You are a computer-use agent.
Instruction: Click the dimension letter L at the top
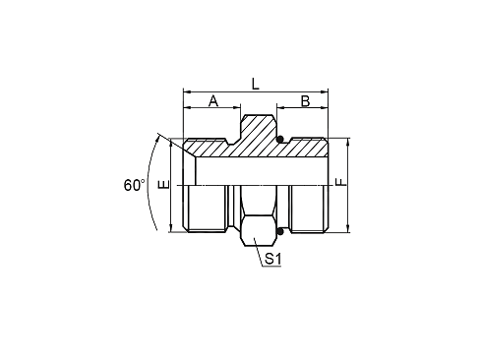(255, 84)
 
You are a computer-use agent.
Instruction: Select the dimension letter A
(213, 101)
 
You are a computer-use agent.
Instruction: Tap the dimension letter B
(305, 101)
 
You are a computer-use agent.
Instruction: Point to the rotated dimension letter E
(163, 184)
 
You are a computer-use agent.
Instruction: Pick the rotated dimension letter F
(341, 182)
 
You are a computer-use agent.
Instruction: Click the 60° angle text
(134, 185)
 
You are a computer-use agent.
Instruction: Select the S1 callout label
(273, 259)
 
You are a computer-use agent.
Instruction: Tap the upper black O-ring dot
(279, 140)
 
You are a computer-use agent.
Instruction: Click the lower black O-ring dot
(279, 232)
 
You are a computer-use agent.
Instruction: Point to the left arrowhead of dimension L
(186, 91)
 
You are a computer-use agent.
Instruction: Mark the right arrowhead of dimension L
(325, 91)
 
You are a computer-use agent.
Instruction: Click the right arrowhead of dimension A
(237, 107)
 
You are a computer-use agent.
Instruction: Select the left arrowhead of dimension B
(280, 107)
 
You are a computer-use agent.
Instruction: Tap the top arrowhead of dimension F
(348, 142)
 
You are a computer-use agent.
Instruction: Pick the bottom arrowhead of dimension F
(348, 229)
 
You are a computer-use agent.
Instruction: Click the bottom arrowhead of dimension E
(171, 229)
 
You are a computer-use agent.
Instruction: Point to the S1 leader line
(258, 251)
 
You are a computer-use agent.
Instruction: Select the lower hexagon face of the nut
(259, 230)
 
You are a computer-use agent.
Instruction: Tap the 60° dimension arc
(150, 184)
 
